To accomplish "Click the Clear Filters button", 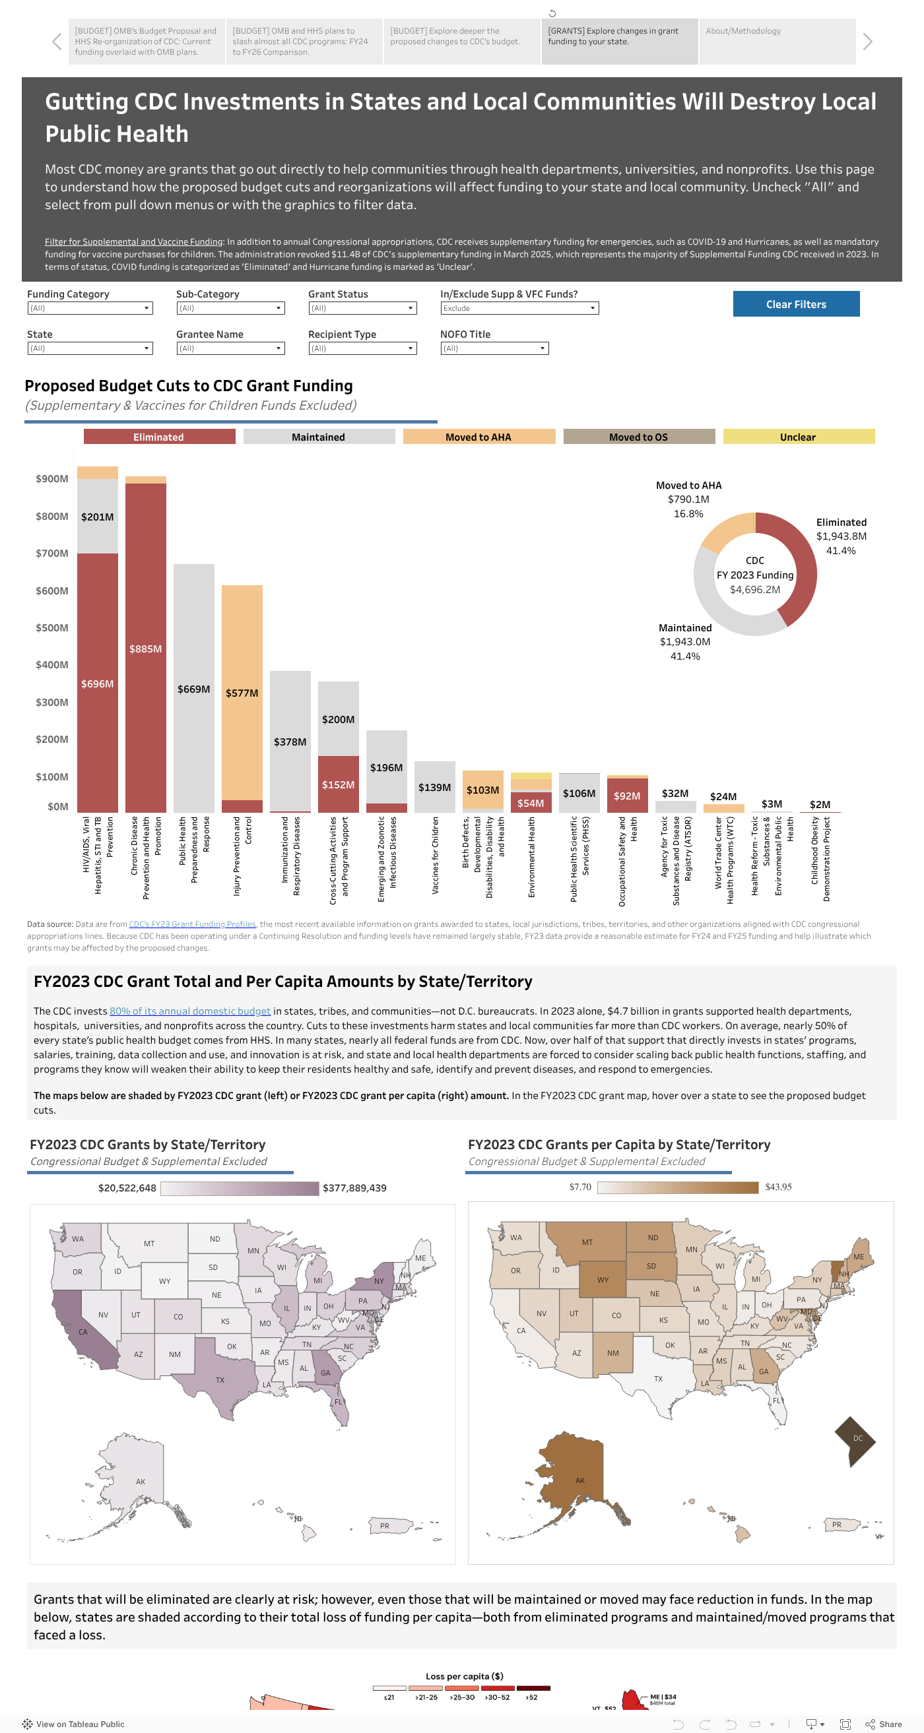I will tap(795, 304).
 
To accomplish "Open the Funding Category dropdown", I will tap(90, 308).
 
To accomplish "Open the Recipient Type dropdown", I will tap(362, 348).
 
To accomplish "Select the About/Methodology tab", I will tap(777, 41).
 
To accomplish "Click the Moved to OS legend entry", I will tap(638, 437).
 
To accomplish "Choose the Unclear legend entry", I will tap(797, 437).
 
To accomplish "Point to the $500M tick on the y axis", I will tap(52, 627).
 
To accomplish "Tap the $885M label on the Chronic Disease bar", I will tap(145, 648).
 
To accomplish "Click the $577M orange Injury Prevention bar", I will tap(242, 693).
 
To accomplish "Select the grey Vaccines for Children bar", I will tap(434, 786).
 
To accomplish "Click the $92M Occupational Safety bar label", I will tap(626, 796).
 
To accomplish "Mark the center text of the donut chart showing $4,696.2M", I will tap(754, 589).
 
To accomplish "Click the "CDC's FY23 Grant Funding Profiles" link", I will tap(192, 924).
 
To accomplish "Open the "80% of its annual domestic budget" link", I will tap(190, 1011).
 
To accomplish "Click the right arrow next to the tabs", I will tap(867, 42).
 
